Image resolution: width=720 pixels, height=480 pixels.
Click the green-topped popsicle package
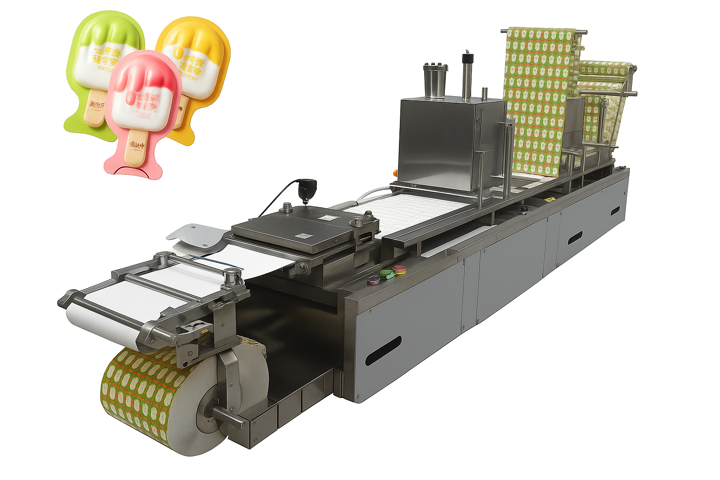tap(101, 52)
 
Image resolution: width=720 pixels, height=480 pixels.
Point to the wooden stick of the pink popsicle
tap(136, 148)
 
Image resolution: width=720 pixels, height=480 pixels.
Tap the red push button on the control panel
tap(399, 269)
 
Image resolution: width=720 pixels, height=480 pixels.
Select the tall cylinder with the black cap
tap(467, 75)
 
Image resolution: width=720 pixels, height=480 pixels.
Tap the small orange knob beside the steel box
tap(395, 172)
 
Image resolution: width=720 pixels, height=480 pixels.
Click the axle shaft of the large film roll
tap(225, 414)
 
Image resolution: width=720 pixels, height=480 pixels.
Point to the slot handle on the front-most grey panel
tap(383, 351)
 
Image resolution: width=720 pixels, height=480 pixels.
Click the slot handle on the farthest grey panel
tap(615, 211)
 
